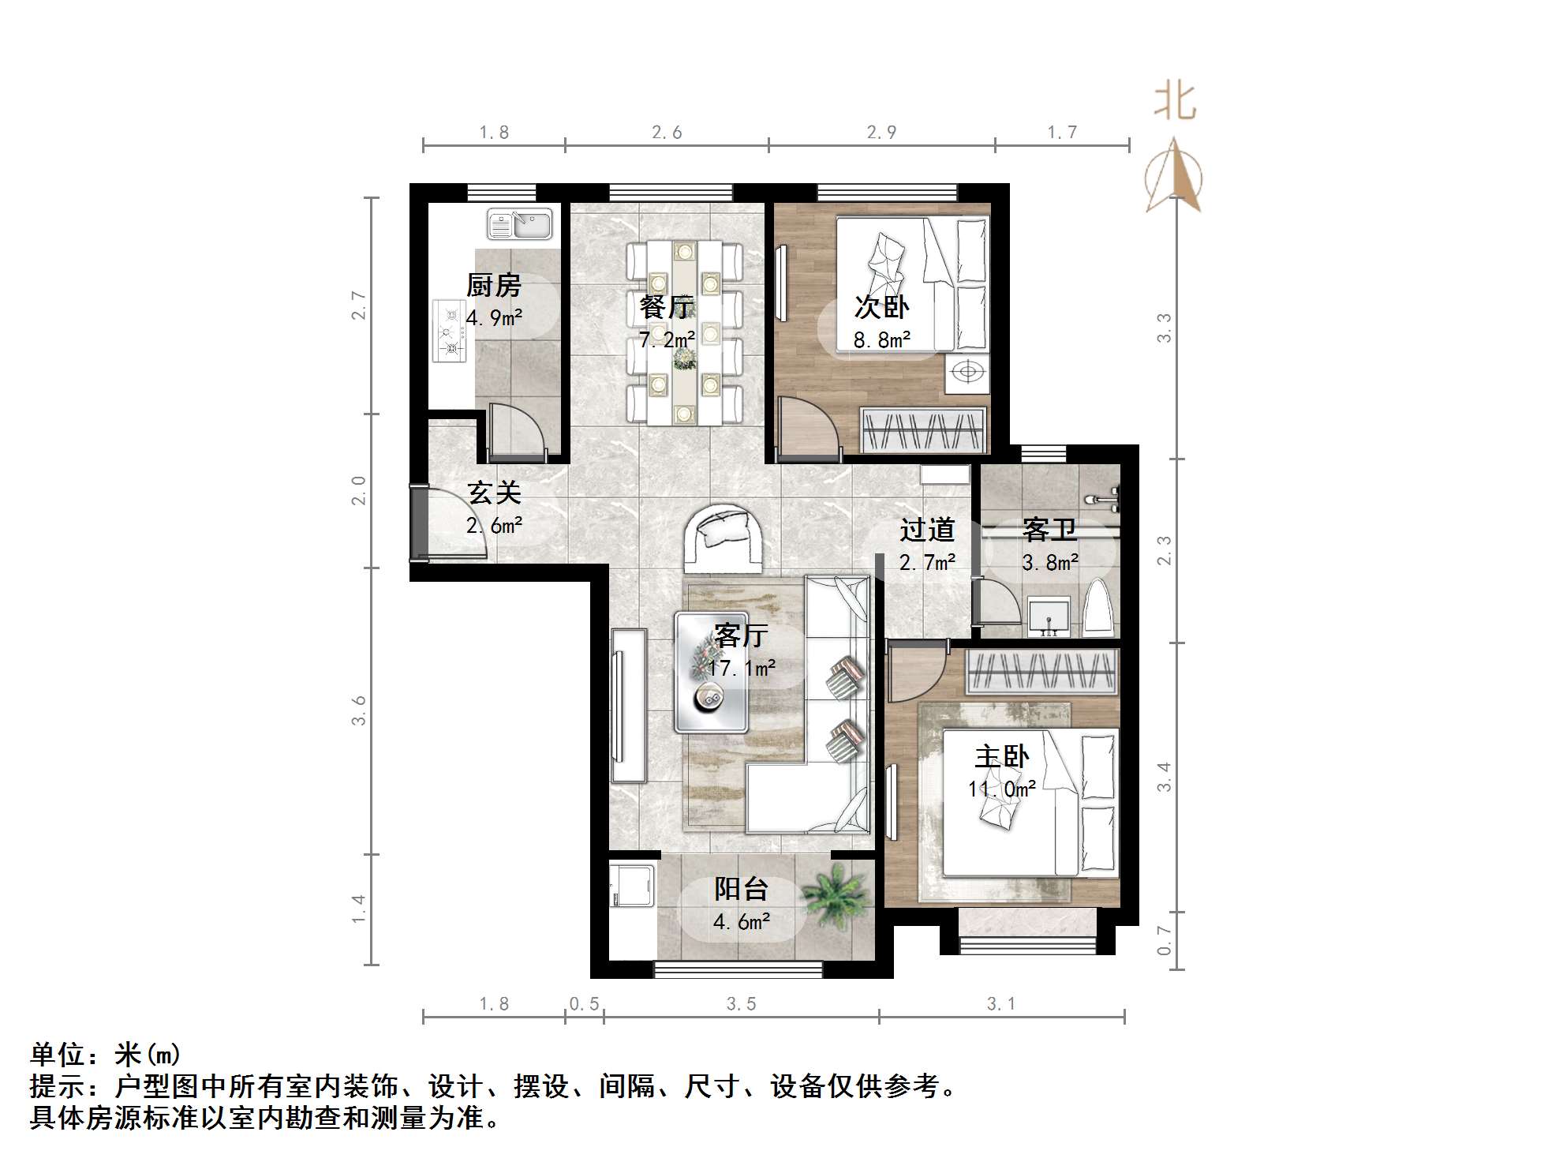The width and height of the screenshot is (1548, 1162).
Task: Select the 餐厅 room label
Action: (x=667, y=306)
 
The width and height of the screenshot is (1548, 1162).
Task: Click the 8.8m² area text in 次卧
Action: (x=881, y=341)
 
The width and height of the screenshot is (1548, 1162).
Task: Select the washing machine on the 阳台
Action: (x=632, y=890)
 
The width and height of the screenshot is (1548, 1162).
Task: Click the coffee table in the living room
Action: (x=711, y=672)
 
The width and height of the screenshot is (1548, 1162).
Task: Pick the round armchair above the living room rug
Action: (x=724, y=538)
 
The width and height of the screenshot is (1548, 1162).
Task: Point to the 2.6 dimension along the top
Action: (x=667, y=133)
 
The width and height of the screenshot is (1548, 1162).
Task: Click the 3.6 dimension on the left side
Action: (x=359, y=710)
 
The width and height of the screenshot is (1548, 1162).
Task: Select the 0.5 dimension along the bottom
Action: (x=584, y=1004)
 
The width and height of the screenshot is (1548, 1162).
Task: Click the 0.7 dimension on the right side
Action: (x=1164, y=940)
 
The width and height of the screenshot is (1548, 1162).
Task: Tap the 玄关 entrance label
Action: (x=495, y=493)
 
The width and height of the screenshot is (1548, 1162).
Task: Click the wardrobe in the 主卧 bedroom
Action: (x=1041, y=672)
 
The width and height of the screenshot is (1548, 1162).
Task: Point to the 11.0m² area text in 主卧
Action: (x=1001, y=789)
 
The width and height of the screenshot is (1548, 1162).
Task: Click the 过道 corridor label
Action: (x=927, y=530)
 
